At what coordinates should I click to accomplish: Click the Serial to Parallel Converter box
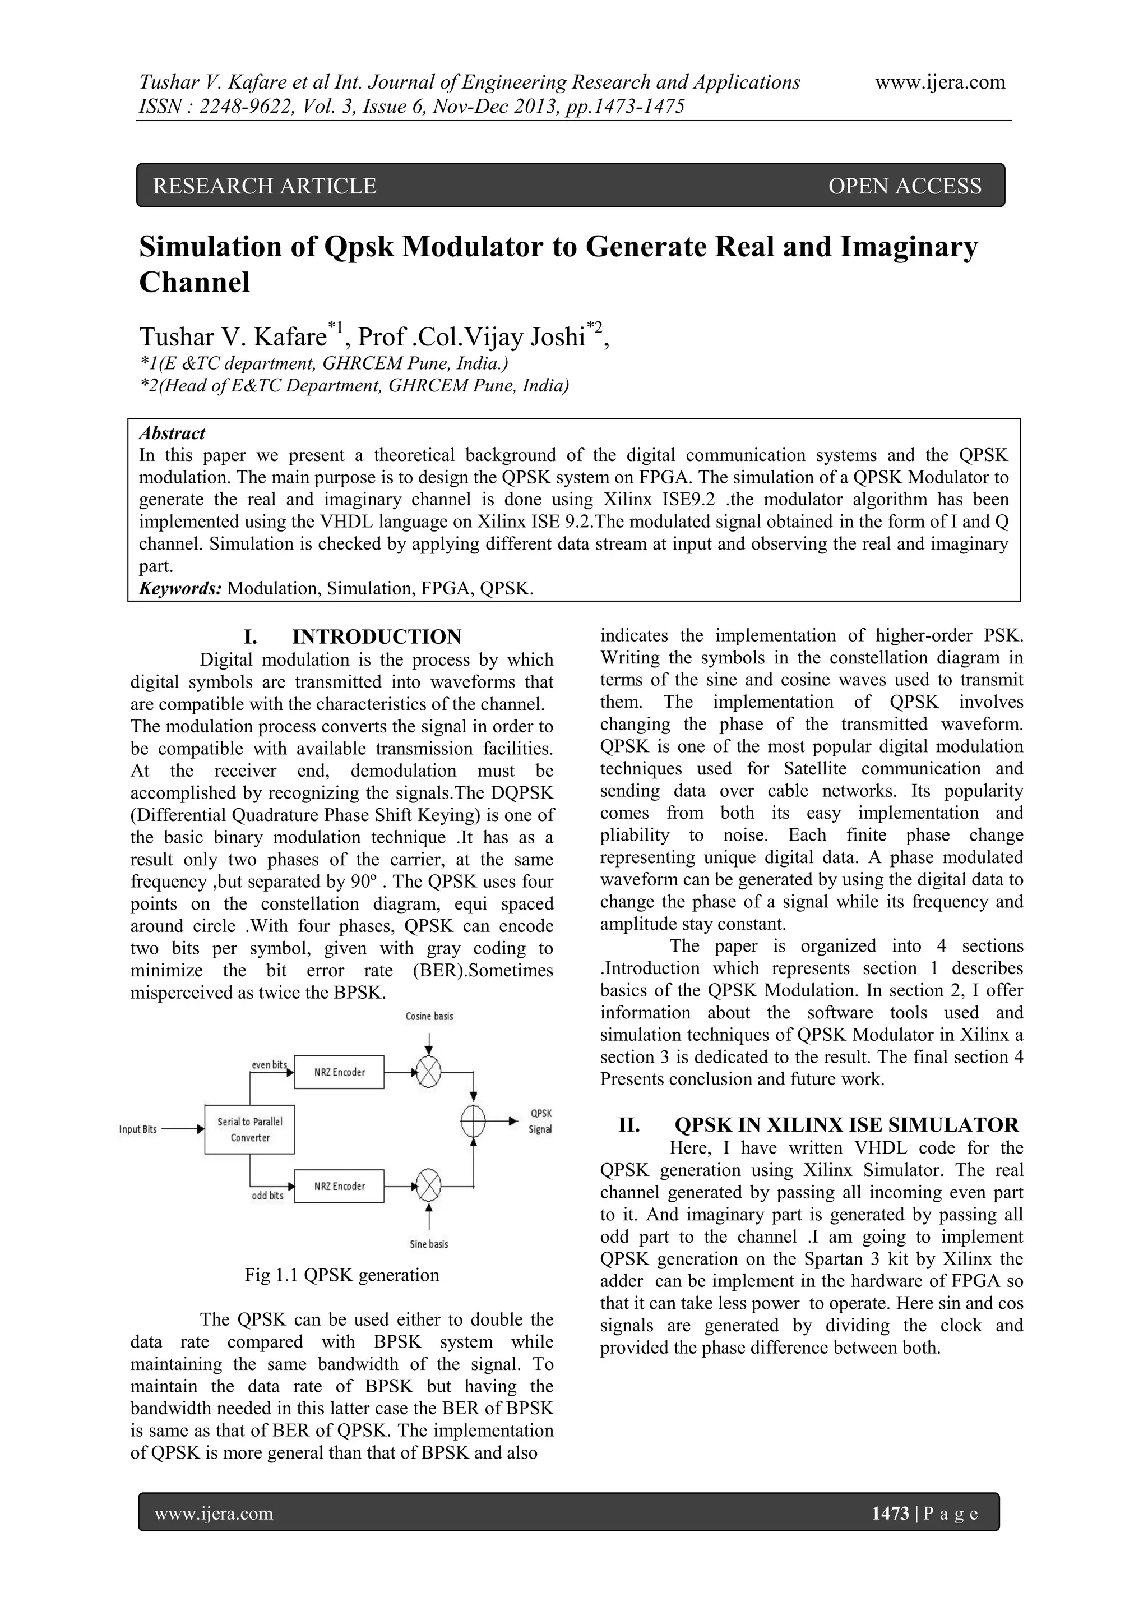[x=249, y=1129]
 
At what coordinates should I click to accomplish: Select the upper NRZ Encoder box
[x=339, y=1072]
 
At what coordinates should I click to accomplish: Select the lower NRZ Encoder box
[x=339, y=1186]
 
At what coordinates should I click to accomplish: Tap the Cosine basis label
[x=429, y=1017]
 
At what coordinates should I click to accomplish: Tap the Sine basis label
[x=429, y=1244]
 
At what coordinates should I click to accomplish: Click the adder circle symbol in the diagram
[x=473, y=1121]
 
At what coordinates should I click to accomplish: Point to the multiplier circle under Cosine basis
[x=428, y=1072]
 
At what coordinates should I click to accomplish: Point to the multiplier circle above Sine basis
[x=428, y=1186]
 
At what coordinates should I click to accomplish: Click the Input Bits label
[x=138, y=1129]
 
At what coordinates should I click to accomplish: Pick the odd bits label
[x=268, y=1196]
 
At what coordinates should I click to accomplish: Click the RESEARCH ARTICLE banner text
[x=265, y=186]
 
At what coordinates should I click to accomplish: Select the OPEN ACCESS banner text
[x=904, y=186]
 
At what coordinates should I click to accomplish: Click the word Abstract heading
[x=172, y=433]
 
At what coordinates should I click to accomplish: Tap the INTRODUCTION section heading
[x=376, y=636]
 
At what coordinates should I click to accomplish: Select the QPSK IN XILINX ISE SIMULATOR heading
[x=846, y=1125]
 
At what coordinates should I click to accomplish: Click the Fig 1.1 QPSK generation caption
[x=341, y=1275]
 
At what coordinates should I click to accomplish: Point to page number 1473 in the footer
[x=890, y=1514]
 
